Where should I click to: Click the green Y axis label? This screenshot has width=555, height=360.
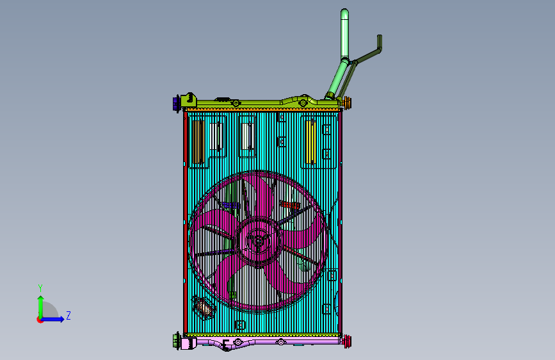(40, 288)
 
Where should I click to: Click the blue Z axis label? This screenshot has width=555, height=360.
(68, 315)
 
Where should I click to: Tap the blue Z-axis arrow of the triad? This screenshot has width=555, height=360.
(52, 319)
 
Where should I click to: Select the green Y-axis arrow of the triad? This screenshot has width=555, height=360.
(41, 307)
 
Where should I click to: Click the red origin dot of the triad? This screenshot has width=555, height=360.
(40, 320)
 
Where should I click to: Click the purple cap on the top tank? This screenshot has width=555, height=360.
(176, 104)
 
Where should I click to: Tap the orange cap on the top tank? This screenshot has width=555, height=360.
(347, 102)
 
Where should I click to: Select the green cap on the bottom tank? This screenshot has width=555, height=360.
(176, 341)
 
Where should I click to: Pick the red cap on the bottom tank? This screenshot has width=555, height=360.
(347, 341)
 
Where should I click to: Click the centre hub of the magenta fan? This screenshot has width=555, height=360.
(259, 241)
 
